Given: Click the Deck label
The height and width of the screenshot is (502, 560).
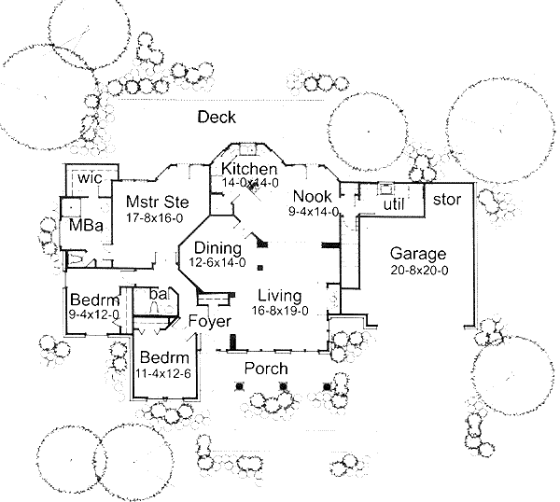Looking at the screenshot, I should pos(217,118).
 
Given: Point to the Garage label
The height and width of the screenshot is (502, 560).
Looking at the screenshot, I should pos(417,254).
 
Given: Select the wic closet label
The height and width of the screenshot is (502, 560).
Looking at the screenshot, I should pos(89,177).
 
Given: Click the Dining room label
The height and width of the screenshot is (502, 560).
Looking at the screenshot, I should pos(218,248).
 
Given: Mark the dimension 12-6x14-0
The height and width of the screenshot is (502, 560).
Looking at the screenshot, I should pos(218,263).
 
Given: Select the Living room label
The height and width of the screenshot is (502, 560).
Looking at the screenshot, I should pos(279,295).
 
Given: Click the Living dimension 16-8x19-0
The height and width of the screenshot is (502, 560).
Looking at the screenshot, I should pos(279,311).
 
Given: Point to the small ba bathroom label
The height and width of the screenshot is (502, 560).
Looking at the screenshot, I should pos(158,295).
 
